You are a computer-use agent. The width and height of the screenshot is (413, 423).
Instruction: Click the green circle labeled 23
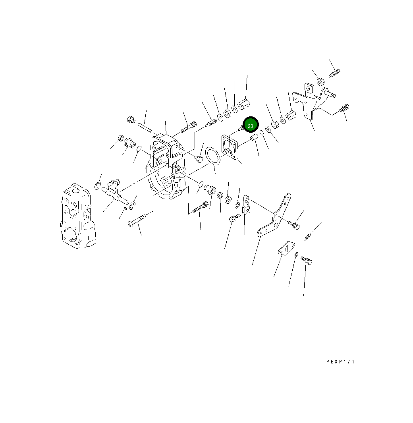(251, 125)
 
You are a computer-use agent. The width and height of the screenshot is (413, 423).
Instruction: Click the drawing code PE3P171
(340, 362)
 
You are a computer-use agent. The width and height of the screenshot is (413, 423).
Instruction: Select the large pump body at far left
(78, 216)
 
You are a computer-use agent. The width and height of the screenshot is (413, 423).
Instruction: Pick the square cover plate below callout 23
(230, 147)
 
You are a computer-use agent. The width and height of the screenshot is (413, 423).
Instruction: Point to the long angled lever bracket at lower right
(274, 215)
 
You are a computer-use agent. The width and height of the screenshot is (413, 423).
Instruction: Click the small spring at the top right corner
(335, 73)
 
